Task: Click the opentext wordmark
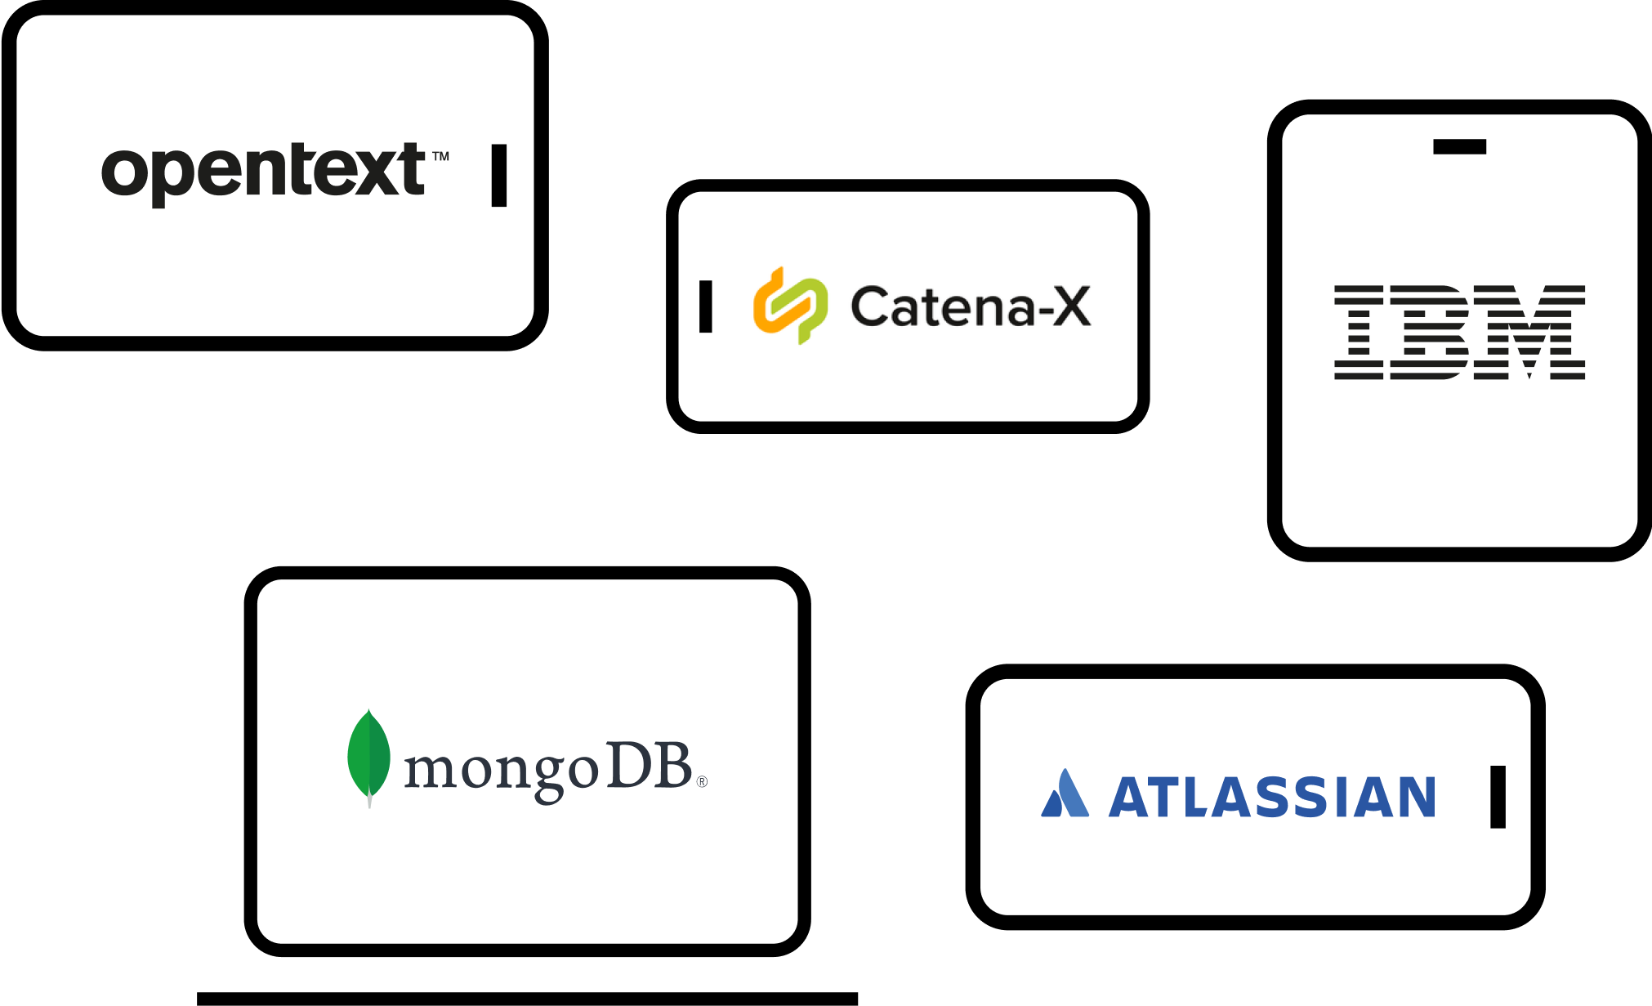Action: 263,172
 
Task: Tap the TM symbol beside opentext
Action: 440,156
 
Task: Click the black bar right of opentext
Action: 499,176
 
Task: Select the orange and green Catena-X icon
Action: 790,306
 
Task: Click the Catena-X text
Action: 971,307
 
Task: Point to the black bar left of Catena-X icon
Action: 706,306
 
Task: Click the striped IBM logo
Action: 1459,333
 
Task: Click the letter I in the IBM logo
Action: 1359,333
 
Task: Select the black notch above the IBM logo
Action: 1459,147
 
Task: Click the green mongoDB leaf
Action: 368,757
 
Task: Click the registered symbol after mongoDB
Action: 702,782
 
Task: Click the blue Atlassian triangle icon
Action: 1065,794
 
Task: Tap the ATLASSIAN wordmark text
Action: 1271,798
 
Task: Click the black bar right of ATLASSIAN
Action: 1498,797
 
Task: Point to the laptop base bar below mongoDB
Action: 527,999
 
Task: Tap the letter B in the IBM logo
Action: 1435,333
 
